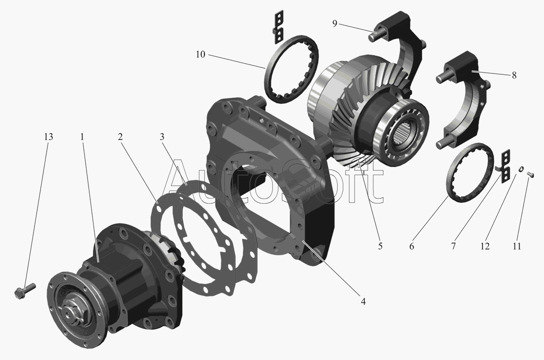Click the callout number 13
click(49, 137)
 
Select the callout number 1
click(83, 137)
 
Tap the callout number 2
click(120, 137)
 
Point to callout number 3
click(162, 137)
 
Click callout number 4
click(363, 302)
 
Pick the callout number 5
click(380, 246)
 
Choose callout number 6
click(412, 246)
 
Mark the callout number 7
click(453, 246)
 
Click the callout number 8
click(514, 75)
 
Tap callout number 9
click(335, 24)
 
